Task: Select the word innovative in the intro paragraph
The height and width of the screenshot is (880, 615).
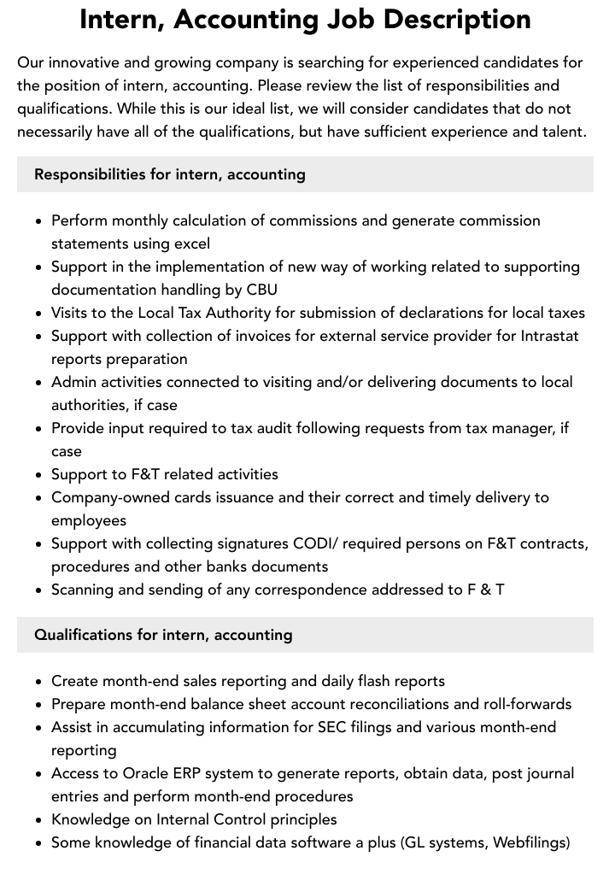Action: click(x=83, y=62)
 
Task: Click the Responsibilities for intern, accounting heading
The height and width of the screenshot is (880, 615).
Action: click(x=170, y=174)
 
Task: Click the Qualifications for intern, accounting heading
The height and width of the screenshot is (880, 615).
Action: click(x=163, y=635)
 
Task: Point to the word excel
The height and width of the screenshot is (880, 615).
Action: click(x=190, y=243)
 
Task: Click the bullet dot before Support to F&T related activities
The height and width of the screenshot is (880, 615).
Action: click(x=38, y=475)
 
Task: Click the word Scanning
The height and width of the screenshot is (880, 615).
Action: click(x=85, y=590)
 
